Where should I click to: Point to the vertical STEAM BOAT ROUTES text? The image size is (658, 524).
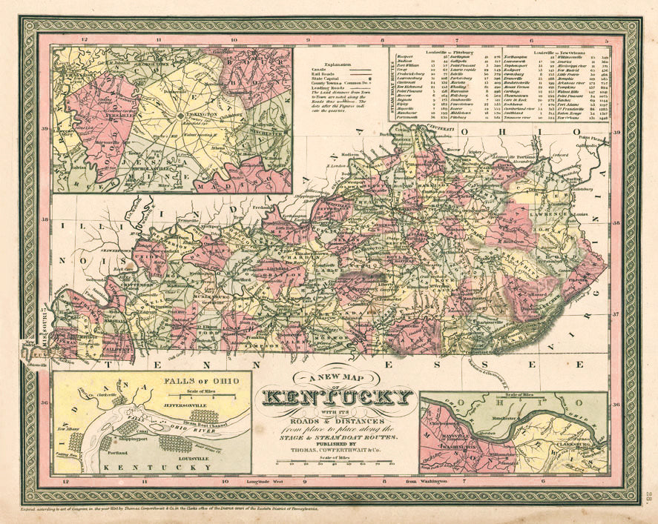pyautogui.click(x=393, y=74)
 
